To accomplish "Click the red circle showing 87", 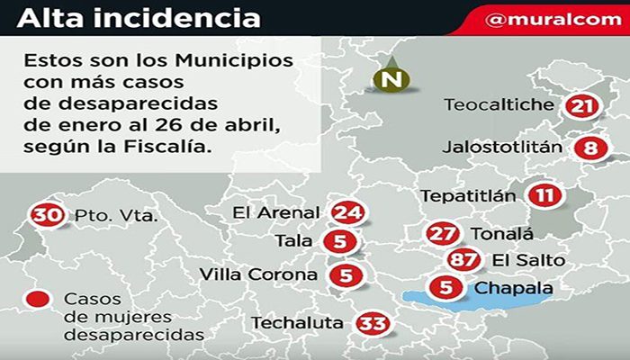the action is [462, 260].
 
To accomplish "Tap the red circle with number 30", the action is [45, 215].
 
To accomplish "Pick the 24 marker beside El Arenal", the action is [346, 212].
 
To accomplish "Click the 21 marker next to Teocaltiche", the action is [582, 106].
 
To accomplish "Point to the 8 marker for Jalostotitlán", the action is [589, 148].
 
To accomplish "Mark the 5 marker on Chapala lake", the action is [446, 289].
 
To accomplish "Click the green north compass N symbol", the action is [391, 79].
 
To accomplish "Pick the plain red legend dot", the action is [38, 300].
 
